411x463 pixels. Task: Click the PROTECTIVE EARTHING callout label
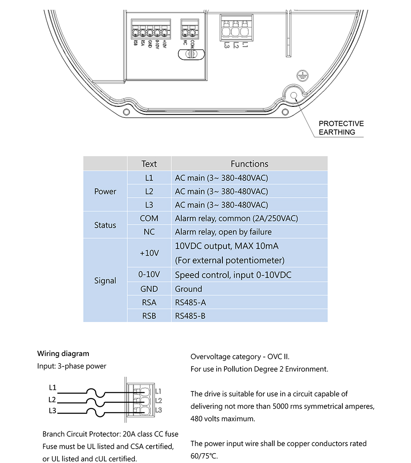click(x=341, y=128)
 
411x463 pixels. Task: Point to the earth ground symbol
click(x=302, y=75)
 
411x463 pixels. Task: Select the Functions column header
click(x=249, y=164)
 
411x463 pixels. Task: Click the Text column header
click(x=149, y=164)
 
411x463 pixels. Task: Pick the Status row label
click(x=105, y=225)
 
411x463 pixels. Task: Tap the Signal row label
click(x=105, y=281)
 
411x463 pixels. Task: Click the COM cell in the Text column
click(x=149, y=218)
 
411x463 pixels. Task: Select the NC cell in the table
click(x=149, y=232)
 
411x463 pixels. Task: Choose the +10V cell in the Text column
click(x=149, y=253)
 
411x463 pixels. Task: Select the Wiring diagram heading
click(x=63, y=353)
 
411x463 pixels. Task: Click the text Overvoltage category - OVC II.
click(x=243, y=357)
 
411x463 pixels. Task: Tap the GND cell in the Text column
click(x=149, y=289)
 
